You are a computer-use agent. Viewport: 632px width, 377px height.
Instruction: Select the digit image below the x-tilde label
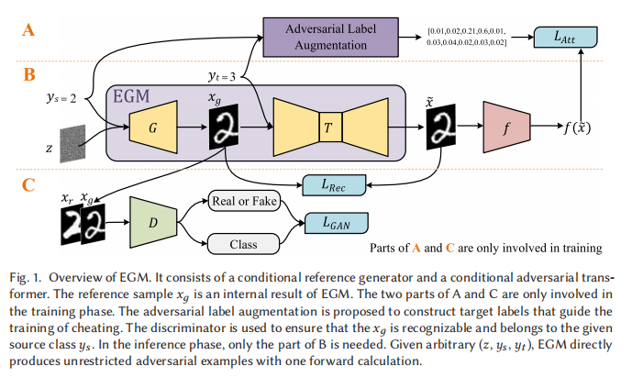click(x=441, y=127)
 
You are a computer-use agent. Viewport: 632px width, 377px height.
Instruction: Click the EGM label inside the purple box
click(x=134, y=96)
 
